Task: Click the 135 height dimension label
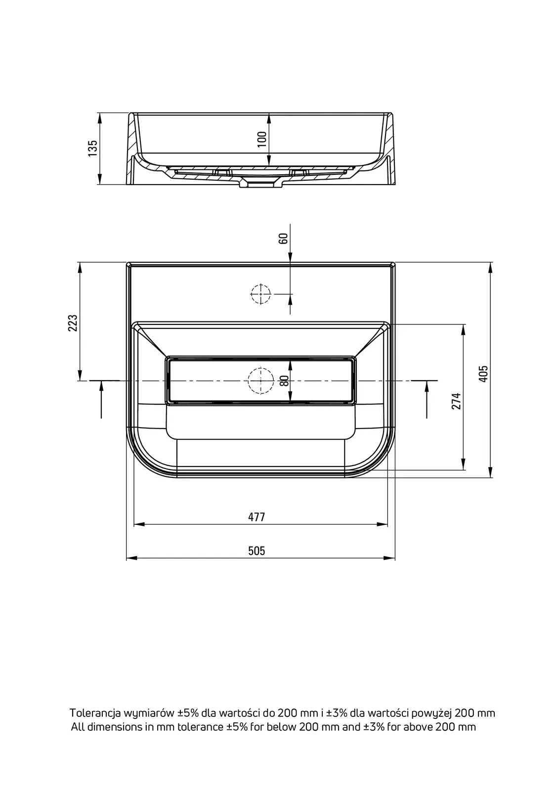[92, 148]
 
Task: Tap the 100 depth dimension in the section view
[262, 139]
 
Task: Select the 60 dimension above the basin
[283, 238]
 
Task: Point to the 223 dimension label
[73, 323]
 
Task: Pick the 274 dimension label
[456, 401]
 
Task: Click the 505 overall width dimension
[257, 551]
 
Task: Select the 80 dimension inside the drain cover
[285, 380]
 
